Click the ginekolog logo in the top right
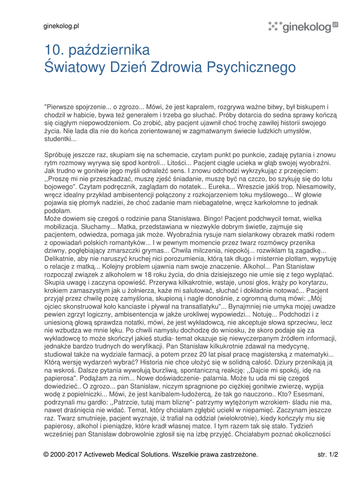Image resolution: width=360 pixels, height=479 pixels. (x=303, y=27)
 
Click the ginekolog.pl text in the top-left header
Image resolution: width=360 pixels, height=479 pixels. (x=61, y=26)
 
